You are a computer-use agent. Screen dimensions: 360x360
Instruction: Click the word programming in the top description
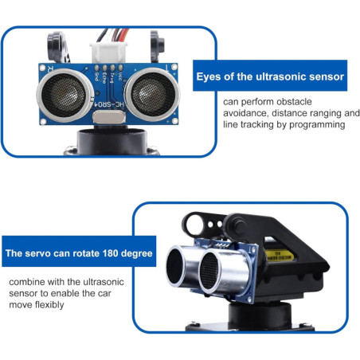317,125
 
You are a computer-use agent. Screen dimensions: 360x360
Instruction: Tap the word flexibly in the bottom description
49,305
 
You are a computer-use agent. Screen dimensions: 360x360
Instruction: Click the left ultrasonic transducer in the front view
65,95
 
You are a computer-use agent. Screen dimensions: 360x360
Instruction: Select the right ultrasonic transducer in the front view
152,94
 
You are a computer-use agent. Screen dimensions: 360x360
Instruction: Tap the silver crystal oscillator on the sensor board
109,117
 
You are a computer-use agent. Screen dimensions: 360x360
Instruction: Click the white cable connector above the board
108,52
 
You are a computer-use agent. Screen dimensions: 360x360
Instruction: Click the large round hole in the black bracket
195,225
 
